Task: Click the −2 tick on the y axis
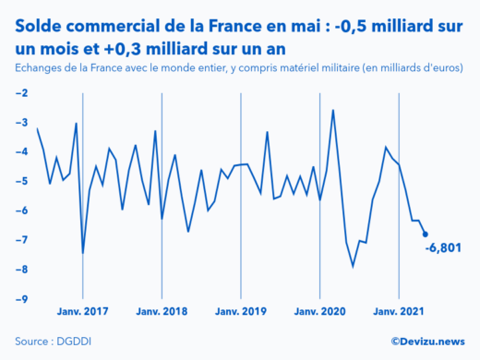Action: pos(20,93)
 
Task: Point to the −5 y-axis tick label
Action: pos(20,181)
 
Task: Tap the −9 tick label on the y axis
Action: pos(20,299)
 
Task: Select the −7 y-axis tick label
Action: pos(20,240)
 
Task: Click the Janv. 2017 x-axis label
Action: pos(83,312)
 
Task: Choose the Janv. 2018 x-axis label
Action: pos(162,312)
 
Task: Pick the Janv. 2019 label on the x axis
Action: pos(241,312)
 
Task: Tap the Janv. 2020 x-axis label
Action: pos(319,312)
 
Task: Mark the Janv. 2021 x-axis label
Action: pos(399,312)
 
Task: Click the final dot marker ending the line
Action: pos(425,234)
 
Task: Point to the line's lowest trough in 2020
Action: pos(353,267)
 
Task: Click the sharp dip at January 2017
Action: pos(83,252)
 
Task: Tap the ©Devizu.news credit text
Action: pos(427,341)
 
